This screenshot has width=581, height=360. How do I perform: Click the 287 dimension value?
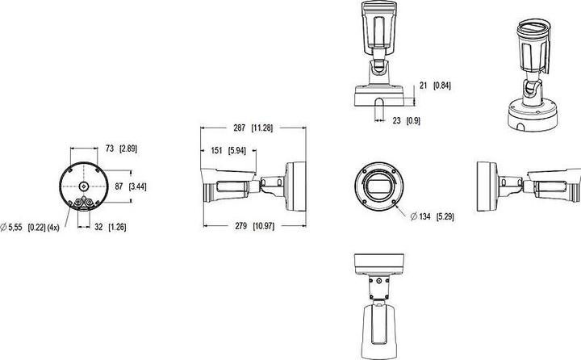point(240,128)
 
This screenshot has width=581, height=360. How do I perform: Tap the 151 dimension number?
point(216,151)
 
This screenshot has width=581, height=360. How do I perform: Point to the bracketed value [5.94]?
point(238,151)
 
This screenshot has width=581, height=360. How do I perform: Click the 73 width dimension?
point(110,149)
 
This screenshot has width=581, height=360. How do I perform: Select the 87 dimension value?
point(119,186)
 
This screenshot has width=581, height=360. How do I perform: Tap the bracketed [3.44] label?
point(137,186)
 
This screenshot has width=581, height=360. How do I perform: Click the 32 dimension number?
point(98,227)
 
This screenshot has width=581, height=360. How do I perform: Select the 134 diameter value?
point(424,217)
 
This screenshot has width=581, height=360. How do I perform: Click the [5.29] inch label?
point(445,217)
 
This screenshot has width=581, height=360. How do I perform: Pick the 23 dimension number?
point(397,120)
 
